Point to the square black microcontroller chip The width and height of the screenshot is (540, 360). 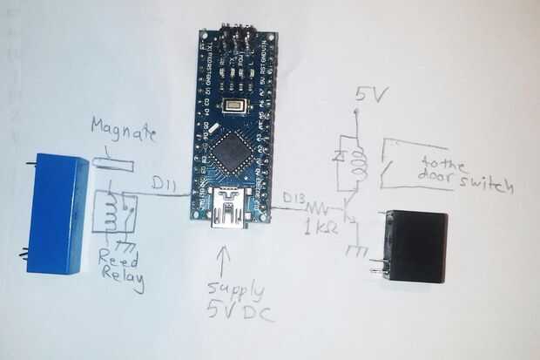230,152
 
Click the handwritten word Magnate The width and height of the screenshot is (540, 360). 124,133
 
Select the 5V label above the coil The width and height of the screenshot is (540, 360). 366,95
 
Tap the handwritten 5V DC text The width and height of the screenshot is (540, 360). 238,311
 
